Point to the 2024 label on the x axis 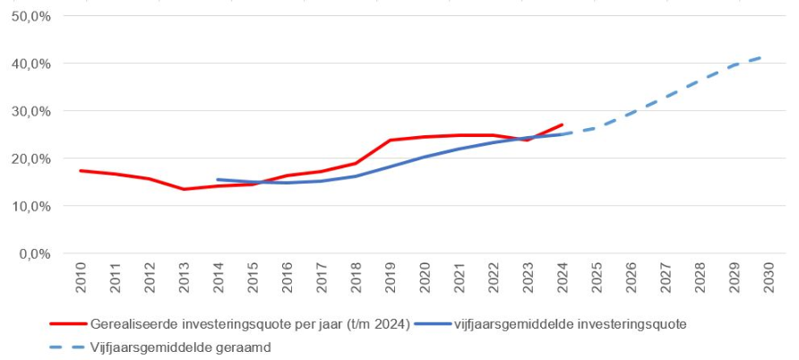pyautogui.click(x=563, y=279)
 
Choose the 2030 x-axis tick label pyautogui.click(x=769, y=279)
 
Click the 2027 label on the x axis pyautogui.click(x=666, y=279)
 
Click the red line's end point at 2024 pyautogui.click(x=563, y=124)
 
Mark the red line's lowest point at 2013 pyautogui.click(x=185, y=189)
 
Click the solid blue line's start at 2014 pyautogui.click(x=219, y=179)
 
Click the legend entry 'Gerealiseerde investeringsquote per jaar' pyautogui.click(x=250, y=323)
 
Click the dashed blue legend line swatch pyautogui.click(x=66, y=347)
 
